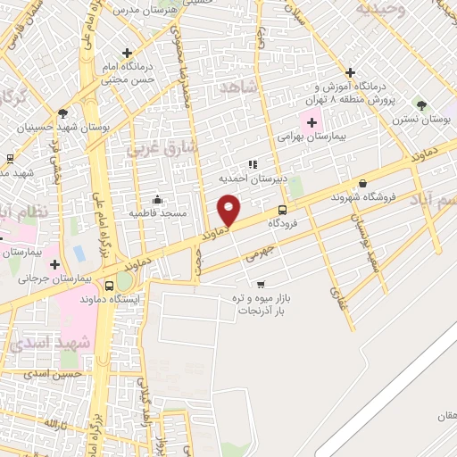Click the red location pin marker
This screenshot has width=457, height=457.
point(229,210)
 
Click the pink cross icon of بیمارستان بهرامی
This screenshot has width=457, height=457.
point(312,122)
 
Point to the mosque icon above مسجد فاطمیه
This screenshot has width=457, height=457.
point(158,199)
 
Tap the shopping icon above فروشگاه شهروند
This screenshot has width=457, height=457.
point(362,183)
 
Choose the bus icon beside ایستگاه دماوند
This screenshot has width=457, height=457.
point(109,287)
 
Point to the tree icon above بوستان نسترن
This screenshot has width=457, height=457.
point(421,105)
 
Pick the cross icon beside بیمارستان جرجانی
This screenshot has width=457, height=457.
point(55,264)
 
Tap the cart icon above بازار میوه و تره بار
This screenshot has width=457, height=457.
point(261,284)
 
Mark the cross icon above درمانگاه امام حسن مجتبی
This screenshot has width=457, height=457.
point(127,53)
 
